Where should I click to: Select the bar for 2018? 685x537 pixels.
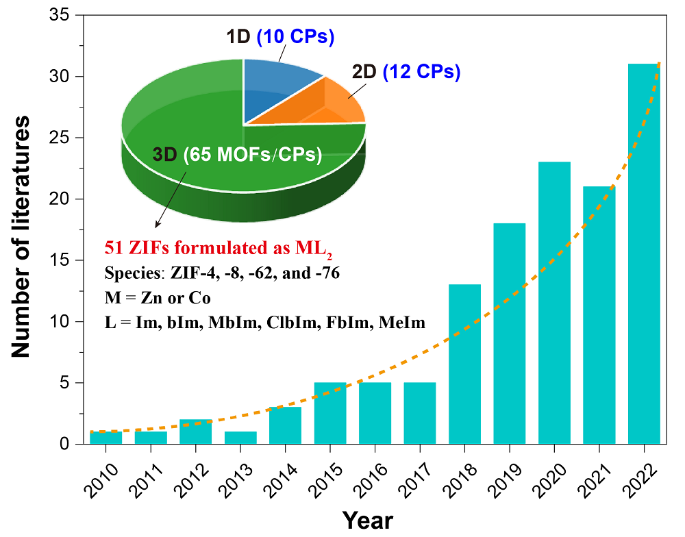pos(464,364)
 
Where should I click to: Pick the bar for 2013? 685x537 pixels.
pos(240,437)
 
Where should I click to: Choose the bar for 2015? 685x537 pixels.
pos(330,413)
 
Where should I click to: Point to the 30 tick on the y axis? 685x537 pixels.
pos(65,76)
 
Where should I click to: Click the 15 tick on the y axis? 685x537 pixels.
pos(65,260)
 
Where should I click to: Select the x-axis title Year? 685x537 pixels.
pos(368,520)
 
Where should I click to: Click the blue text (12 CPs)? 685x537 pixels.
pos(421,71)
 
